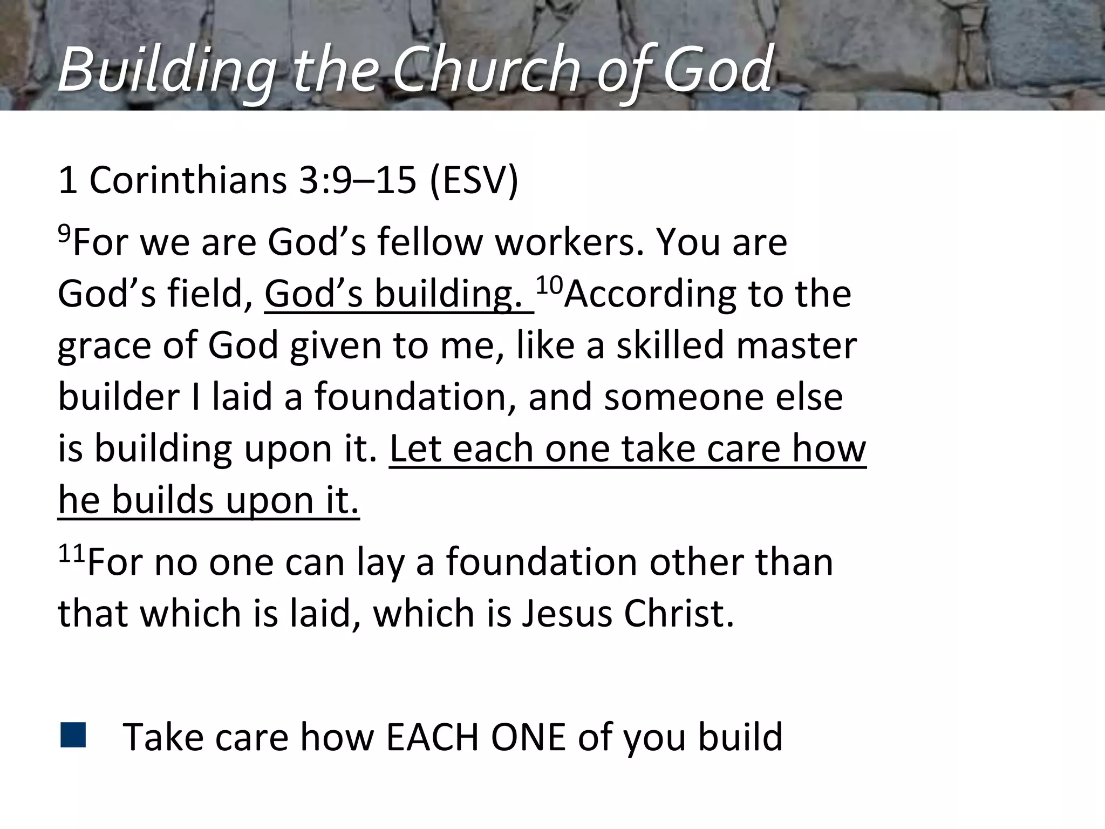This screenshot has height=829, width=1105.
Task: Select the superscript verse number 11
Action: coord(71,553)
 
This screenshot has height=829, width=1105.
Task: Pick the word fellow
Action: coord(429,242)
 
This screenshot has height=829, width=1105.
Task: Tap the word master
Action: coord(796,345)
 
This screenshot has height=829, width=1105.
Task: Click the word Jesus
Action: coord(567,614)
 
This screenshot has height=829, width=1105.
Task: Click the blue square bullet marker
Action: coord(73,735)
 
